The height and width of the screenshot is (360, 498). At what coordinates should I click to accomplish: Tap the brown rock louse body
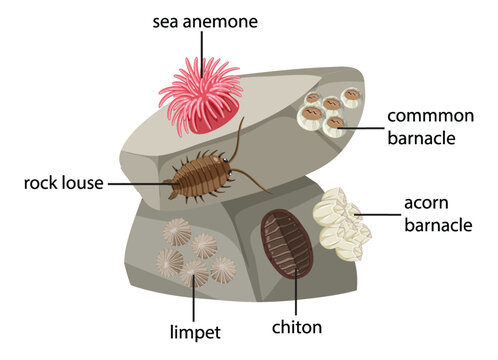click(200, 176)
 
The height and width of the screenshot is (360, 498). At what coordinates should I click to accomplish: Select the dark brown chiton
click(286, 244)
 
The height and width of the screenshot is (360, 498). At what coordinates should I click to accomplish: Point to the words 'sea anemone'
click(205, 22)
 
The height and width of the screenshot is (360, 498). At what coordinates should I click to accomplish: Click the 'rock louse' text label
click(63, 183)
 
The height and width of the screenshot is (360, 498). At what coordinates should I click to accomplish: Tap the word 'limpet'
click(195, 332)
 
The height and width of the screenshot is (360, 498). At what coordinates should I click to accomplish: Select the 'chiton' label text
click(297, 327)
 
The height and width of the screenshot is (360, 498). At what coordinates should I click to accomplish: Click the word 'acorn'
click(426, 203)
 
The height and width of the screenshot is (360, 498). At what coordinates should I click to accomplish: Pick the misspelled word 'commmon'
click(430, 116)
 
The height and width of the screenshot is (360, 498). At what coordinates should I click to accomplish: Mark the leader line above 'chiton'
click(296, 292)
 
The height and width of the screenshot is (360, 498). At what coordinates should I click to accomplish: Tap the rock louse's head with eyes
click(226, 167)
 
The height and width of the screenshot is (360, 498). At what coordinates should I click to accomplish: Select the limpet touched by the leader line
click(194, 273)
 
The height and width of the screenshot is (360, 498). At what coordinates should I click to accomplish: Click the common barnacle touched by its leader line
click(334, 127)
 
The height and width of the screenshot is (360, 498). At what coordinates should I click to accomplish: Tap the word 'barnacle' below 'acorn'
click(438, 225)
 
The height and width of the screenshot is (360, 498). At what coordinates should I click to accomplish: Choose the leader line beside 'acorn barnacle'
click(379, 214)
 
